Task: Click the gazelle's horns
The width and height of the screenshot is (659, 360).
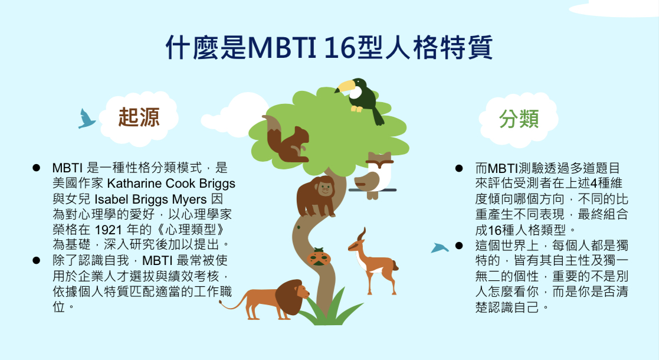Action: (x=362, y=234)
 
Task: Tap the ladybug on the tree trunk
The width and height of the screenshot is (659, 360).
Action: (x=319, y=257)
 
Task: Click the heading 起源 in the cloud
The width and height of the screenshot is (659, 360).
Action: (x=139, y=117)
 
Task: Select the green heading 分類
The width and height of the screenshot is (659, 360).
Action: (x=519, y=119)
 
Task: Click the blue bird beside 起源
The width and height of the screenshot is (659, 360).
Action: (x=86, y=119)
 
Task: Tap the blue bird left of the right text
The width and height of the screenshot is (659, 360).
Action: (x=440, y=248)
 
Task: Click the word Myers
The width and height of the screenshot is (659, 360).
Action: (x=189, y=199)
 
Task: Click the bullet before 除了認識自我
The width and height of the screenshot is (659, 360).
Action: (x=37, y=261)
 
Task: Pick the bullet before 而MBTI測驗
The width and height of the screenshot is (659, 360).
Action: (x=459, y=169)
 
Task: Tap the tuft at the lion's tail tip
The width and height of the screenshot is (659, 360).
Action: (x=222, y=303)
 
